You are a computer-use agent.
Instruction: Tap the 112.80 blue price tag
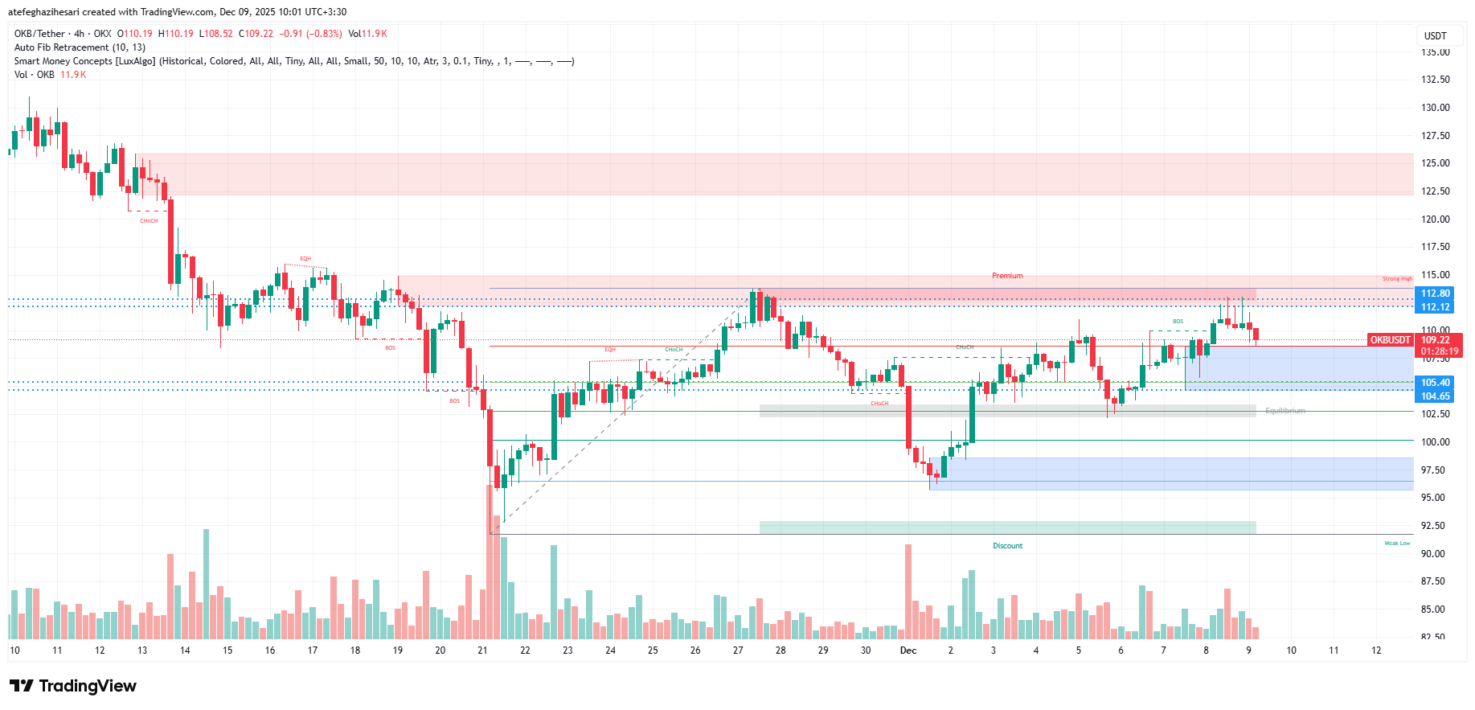click(1435, 293)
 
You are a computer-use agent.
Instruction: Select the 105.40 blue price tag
click(1435, 383)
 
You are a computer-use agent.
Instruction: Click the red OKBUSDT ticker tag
click(1390, 340)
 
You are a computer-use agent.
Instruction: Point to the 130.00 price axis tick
click(1435, 108)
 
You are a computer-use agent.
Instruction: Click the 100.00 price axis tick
click(1435, 441)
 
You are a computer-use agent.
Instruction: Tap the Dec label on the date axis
click(908, 650)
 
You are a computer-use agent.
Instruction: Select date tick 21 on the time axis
click(482, 650)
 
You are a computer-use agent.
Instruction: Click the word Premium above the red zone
click(1007, 276)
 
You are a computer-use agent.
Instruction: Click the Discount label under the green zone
click(1007, 546)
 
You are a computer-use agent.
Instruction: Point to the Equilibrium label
click(1284, 411)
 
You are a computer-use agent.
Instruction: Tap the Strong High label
click(1397, 279)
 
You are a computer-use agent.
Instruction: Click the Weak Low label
click(1397, 544)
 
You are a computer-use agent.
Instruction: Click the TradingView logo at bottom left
click(73, 686)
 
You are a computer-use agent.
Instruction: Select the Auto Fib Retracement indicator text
click(80, 47)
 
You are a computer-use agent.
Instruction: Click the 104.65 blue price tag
click(1435, 396)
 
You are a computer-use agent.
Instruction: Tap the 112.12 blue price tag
click(1435, 307)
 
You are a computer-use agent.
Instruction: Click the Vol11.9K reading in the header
click(367, 34)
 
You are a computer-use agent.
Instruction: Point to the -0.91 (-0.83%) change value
click(310, 34)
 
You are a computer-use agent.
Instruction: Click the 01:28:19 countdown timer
click(1439, 351)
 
